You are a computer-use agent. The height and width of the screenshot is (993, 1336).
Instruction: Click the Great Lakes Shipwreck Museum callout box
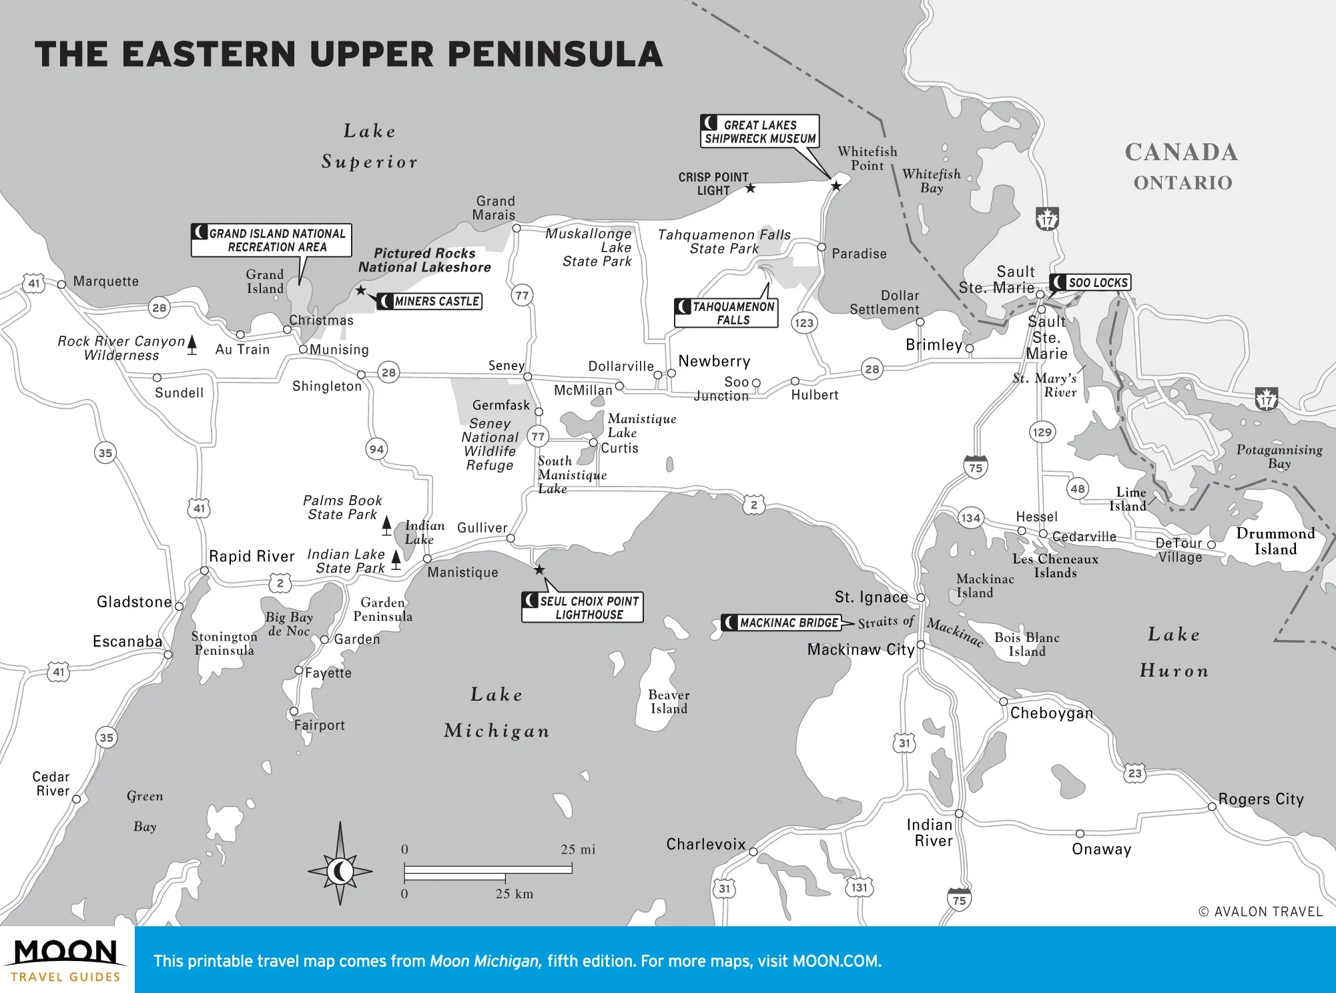[759, 131]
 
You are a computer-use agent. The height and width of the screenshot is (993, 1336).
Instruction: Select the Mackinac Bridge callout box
[781, 623]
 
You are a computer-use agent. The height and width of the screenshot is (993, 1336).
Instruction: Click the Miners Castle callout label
[430, 302]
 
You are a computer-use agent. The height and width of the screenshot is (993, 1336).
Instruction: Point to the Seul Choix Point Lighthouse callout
[582, 607]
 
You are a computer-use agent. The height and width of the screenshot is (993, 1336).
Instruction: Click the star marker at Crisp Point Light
[751, 188]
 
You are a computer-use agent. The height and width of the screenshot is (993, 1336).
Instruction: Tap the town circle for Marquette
[61, 284]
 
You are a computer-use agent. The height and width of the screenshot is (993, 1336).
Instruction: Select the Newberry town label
[714, 361]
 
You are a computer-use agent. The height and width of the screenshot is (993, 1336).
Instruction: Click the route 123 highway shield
[804, 323]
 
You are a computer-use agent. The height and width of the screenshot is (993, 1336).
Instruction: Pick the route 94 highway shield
[376, 449]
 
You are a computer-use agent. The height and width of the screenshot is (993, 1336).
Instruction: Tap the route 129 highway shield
[1042, 432]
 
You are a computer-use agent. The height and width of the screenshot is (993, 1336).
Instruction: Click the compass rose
[340, 870]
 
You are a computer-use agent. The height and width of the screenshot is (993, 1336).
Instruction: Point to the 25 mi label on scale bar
[578, 850]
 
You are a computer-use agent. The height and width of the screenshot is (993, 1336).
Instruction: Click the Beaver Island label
[669, 701]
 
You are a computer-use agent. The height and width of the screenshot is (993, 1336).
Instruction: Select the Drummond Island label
[1275, 541]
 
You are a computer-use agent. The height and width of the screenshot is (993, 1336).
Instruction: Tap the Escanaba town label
[127, 641]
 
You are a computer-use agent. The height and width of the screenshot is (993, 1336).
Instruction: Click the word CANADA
[1181, 152]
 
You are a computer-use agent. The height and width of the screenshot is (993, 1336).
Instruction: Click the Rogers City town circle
[1212, 807]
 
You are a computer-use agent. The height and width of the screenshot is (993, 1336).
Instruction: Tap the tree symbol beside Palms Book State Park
[386, 525]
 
